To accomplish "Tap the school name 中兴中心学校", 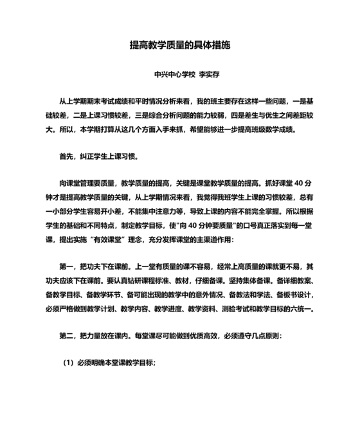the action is coord(174,74).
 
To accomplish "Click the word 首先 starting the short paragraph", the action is coord(66,156).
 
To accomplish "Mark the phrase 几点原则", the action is coord(264,336).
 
